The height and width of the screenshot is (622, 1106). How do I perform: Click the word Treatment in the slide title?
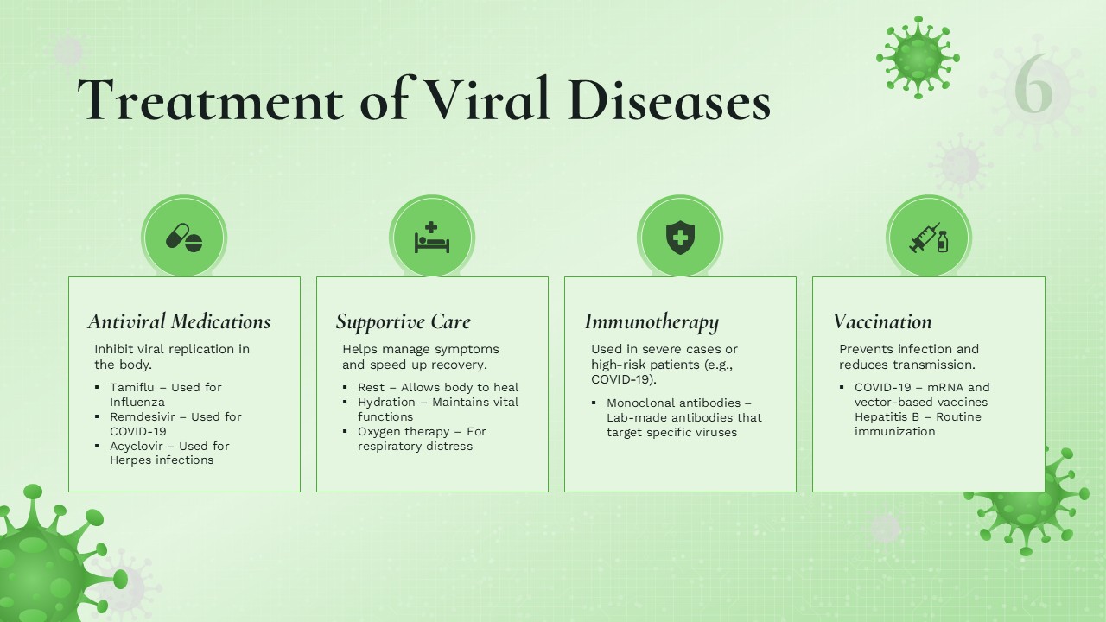pyautogui.click(x=210, y=99)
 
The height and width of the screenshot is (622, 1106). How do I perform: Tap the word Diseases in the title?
pyautogui.click(x=670, y=99)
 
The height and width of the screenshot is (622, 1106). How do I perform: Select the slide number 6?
pyautogui.click(x=1033, y=84)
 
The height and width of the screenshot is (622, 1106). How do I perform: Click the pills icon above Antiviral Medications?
pyautogui.click(x=184, y=238)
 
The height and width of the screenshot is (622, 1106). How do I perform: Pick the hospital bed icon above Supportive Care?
pyautogui.click(x=432, y=238)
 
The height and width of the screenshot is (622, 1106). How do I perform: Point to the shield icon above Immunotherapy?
pyautogui.click(x=680, y=238)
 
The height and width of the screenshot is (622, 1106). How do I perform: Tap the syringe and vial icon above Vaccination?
pyautogui.click(x=929, y=238)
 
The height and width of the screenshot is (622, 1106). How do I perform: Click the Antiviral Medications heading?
pyautogui.click(x=180, y=322)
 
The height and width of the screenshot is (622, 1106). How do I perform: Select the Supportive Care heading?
pyautogui.click(x=404, y=322)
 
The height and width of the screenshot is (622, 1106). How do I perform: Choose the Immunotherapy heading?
pyautogui.click(x=652, y=322)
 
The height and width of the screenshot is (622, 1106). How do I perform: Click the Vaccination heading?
pyautogui.click(x=882, y=322)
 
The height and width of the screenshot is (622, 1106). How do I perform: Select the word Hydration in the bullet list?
pyautogui.click(x=386, y=403)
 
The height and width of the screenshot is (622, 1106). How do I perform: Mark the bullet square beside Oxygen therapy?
pyautogui.click(x=345, y=431)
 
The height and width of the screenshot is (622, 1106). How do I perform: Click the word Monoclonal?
pyautogui.click(x=638, y=403)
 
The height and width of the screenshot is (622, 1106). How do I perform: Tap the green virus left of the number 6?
pyautogui.click(x=918, y=58)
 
